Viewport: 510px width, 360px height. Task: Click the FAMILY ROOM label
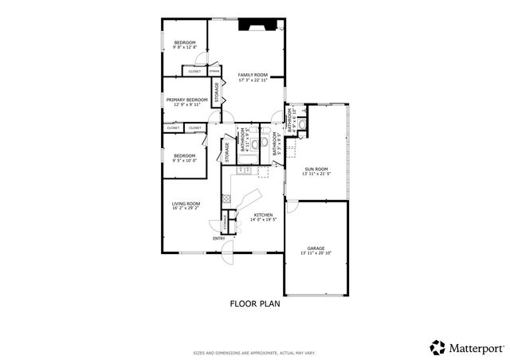pyautogui.click(x=252, y=74)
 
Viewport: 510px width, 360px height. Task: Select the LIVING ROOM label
pyautogui.click(x=186, y=203)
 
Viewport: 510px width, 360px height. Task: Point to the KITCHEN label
pyautogui.click(x=264, y=215)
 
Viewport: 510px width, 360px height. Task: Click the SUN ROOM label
pyautogui.click(x=316, y=169)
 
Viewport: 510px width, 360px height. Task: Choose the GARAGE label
pyautogui.click(x=316, y=248)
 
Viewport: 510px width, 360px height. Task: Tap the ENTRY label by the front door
pyautogui.click(x=218, y=238)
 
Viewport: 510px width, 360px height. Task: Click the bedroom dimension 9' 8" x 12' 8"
pyautogui.click(x=185, y=48)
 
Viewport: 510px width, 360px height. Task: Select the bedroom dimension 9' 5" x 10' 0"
pyautogui.click(x=184, y=160)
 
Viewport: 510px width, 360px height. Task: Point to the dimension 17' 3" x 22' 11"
pyautogui.click(x=252, y=79)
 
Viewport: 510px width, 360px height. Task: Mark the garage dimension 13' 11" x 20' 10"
pyautogui.click(x=316, y=252)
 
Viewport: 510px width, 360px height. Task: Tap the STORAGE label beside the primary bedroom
pyautogui.click(x=216, y=94)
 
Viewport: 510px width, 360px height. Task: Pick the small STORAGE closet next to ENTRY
pyautogui.click(x=225, y=222)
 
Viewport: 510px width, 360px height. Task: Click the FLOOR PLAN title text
pyautogui.click(x=255, y=303)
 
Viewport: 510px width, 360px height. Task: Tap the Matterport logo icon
pyautogui.click(x=437, y=347)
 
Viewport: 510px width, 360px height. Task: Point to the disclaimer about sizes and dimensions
pyautogui.click(x=254, y=352)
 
